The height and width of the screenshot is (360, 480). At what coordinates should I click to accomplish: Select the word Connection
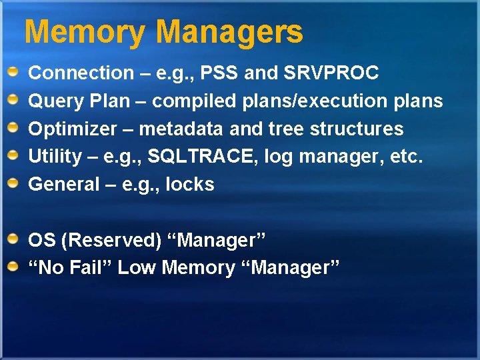pyautogui.click(x=81, y=73)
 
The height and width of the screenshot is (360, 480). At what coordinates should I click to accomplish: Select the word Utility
pyautogui.click(x=55, y=156)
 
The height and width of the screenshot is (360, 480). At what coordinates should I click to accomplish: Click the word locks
pyautogui.click(x=190, y=184)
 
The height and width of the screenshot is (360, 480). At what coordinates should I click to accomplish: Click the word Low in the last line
pyautogui.click(x=137, y=268)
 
